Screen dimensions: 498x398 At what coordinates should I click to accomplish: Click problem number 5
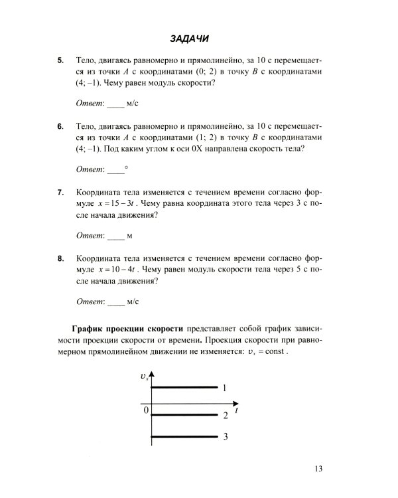[60, 61]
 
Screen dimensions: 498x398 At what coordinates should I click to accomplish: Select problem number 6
[60, 126]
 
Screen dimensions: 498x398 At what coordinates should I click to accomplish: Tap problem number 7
[60, 192]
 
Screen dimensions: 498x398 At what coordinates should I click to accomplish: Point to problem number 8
[60, 257]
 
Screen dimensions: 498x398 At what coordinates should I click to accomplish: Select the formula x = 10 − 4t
[120, 269]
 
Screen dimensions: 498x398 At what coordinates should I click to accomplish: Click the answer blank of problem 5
[115, 105]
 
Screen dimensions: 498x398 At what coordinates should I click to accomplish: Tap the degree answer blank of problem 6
[115, 170]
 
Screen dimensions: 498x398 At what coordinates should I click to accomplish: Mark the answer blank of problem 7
[115, 236]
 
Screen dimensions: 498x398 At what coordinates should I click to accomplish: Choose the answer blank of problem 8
[115, 301]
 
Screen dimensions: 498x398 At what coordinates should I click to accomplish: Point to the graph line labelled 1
[185, 387]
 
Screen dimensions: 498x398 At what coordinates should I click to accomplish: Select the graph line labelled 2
[185, 414]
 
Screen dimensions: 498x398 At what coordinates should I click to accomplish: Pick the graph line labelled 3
[185, 437]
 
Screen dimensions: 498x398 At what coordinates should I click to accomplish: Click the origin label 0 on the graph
[146, 410]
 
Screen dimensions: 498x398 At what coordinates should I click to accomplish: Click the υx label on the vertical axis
[144, 376]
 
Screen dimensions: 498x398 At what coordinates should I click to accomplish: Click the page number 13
[318, 470]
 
